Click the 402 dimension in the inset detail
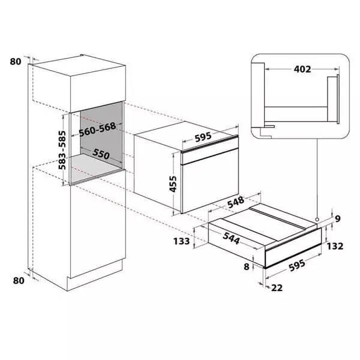[302, 69]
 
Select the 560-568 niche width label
[97, 130]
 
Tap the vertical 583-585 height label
[62, 150]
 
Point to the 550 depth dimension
[101, 154]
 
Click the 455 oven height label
[173, 184]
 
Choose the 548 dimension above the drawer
[236, 202]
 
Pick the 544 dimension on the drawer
[231, 238]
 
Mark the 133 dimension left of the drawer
[181, 241]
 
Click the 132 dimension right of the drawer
[335, 246]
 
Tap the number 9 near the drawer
[337, 219]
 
